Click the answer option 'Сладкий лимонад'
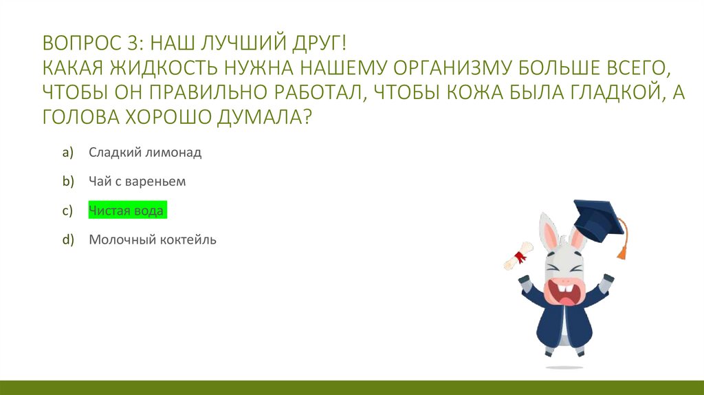point(144,153)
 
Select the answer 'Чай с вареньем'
point(137,182)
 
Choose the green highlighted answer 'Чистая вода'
point(127,211)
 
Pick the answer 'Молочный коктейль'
point(152,240)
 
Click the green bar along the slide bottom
point(352,387)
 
